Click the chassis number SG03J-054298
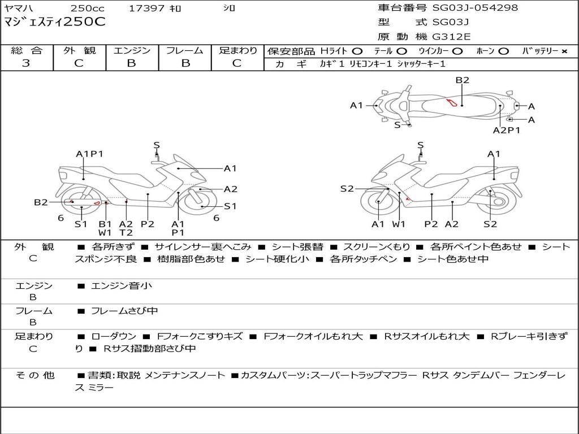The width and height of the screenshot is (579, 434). click(475, 8)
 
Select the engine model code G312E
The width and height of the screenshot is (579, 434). click(451, 37)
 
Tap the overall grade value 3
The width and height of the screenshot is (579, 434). click(26, 63)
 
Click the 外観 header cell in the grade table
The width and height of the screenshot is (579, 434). click(79, 50)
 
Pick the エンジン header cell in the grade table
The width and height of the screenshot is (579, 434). click(132, 50)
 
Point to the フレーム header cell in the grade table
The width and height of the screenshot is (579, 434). click(185, 50)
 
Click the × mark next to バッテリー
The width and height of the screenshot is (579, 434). click(564, 51)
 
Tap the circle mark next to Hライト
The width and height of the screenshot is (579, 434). click(357, 51)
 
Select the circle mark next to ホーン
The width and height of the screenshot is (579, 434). click(504, 51)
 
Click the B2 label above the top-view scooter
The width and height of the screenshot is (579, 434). click(462, 80)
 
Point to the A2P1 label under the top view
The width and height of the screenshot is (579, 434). click(506, 131)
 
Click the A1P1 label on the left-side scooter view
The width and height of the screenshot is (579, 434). click(90, 154)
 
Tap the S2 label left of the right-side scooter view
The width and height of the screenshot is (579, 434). click(347, 189)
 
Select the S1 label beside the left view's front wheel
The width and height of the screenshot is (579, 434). click(230, 206)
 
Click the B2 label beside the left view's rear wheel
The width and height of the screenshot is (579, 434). click(41, 202)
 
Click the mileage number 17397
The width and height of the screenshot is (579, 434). click(146, 8)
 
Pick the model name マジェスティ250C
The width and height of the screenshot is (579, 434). click(55, 22)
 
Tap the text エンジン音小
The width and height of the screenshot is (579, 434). click(121, 285)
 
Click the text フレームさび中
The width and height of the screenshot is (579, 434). click(124, 311)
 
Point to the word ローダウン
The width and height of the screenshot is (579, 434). click(114, 337)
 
